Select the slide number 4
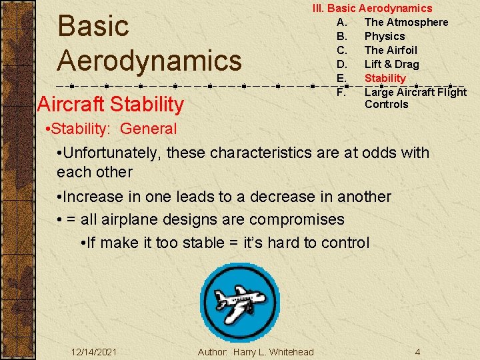click(417, 351)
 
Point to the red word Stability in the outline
click(385, 78)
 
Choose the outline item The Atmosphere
click(406, 22)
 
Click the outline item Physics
click(384, 36)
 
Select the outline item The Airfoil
click(390, 50)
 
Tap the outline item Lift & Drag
click(391, 64)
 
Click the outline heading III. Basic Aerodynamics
click(373, 8)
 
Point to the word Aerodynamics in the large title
click(149, 60)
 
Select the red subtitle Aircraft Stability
click(111, 104)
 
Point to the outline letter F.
click(341, 91)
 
